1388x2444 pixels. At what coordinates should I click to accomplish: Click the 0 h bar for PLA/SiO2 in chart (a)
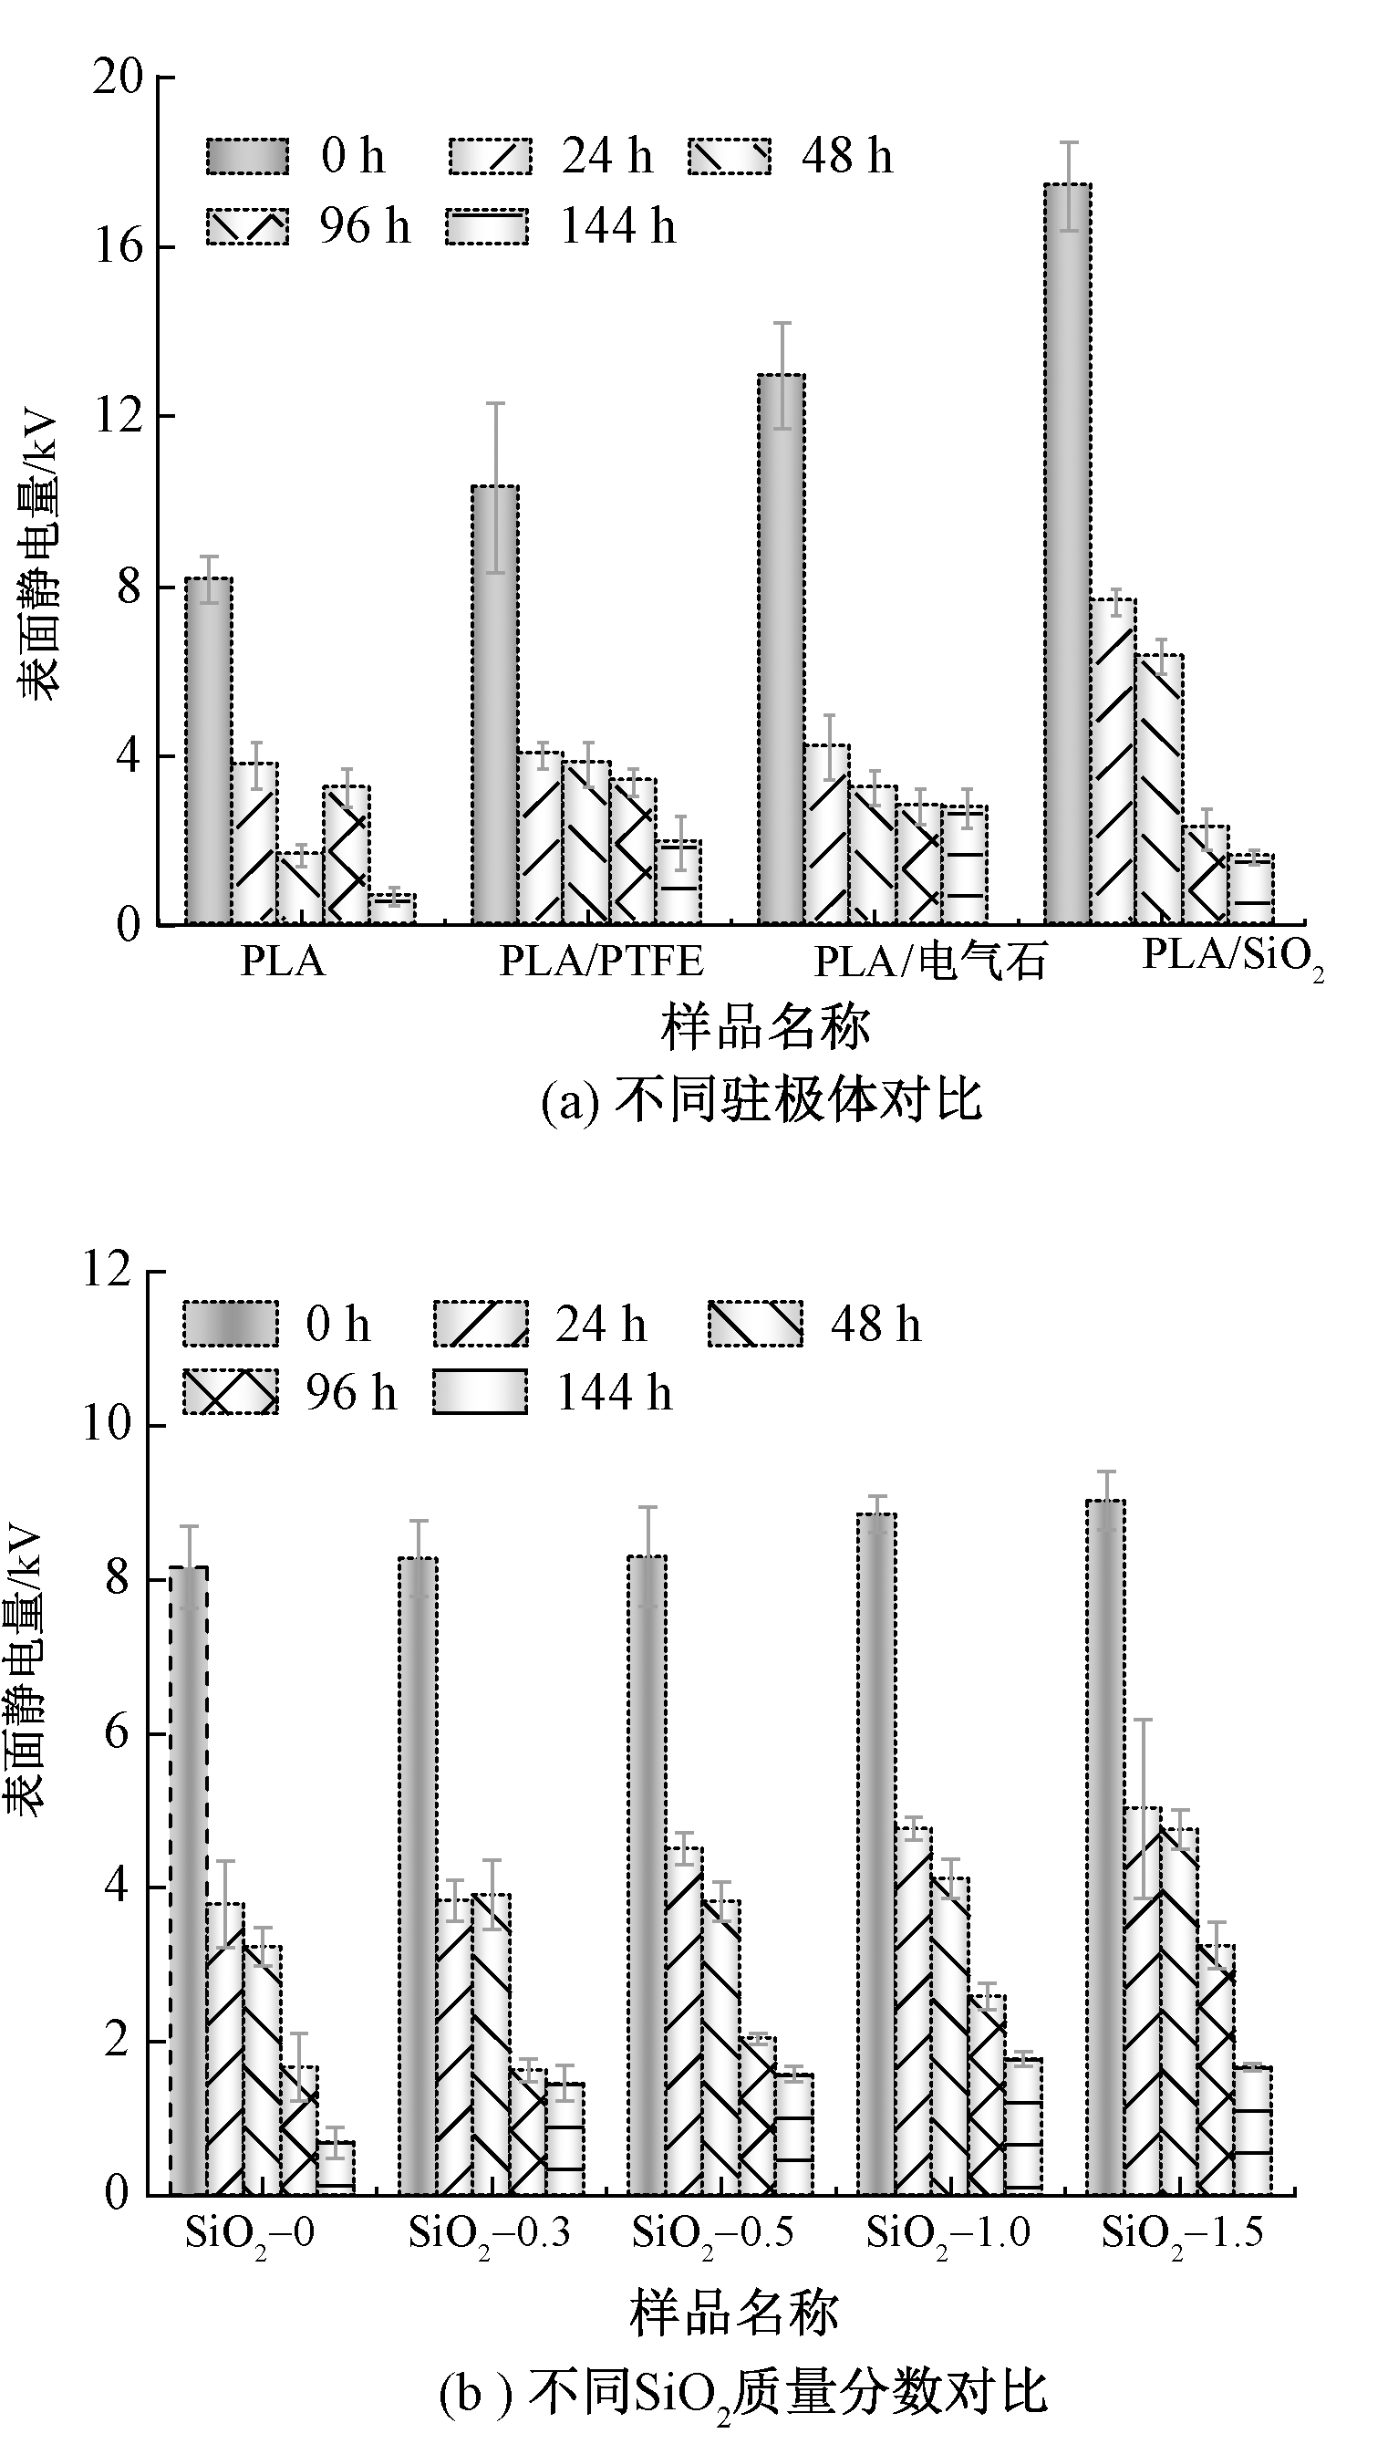1068,553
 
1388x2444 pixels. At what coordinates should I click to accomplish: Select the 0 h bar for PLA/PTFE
495,705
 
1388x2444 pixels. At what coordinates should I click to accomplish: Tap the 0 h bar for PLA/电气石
781,649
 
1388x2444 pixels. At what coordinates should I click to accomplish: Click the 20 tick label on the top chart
119,77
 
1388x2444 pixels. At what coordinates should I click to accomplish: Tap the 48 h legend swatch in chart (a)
730,156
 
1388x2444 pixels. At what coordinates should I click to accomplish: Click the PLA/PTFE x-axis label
602,962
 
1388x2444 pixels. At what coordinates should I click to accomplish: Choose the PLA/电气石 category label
929,962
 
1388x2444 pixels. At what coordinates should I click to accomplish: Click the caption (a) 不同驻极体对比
761,1101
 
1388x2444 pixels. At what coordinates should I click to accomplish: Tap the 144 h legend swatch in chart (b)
480,1393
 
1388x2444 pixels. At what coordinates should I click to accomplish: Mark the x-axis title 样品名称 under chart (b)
734,2314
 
